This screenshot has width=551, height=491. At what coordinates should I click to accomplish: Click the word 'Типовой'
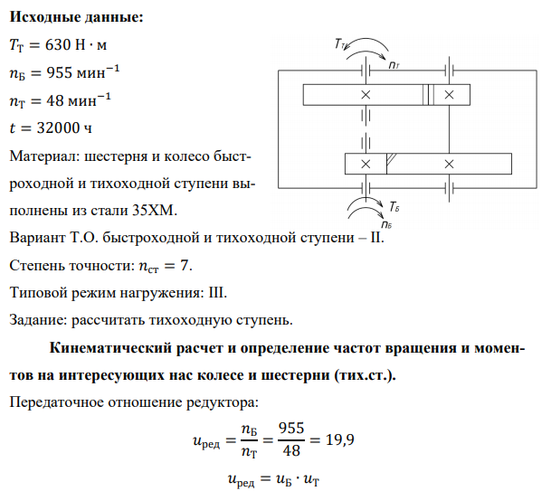coord(40,293)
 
